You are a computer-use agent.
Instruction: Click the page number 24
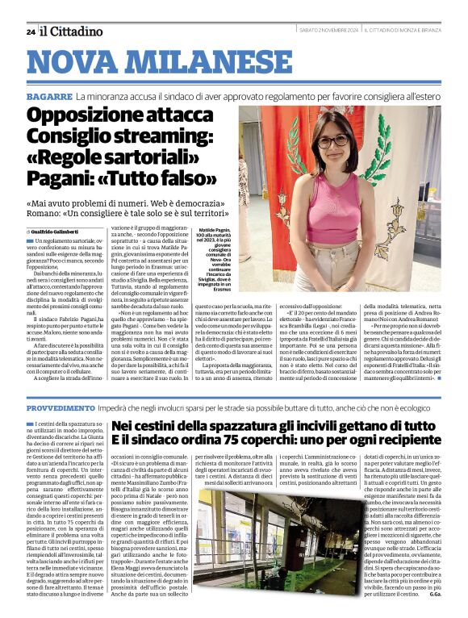(x=31, y=31)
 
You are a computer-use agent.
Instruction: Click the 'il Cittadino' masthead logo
(x=72, y=31)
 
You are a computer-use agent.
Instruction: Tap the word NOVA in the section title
(x=77, y=63)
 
